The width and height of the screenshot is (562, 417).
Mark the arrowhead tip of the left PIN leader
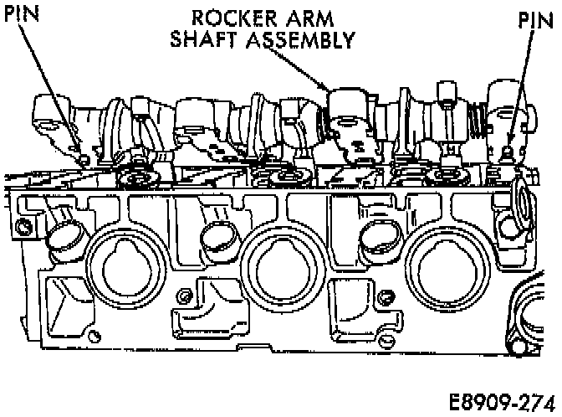click(84, 158)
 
